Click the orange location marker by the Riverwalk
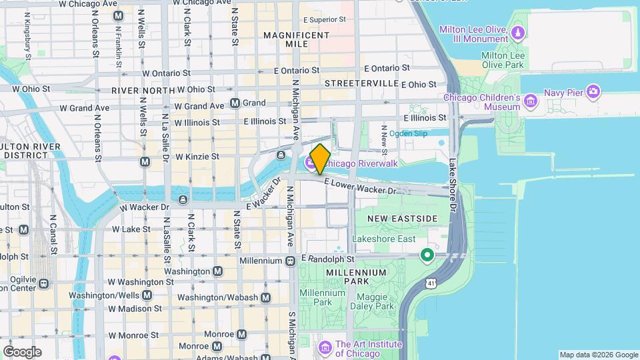[x=320, y=159]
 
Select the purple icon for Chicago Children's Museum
[x=531, y=101]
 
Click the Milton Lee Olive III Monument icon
[x=517, y=31]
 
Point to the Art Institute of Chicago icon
[x=325, y=347]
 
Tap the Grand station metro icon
[x=235, y=103]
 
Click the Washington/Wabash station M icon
[x=266, y=297]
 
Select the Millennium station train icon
[x=290, y=261]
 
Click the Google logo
[x=22, y=351]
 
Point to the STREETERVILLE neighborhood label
[x=361, y=83]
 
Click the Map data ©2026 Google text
[x=598, y=355]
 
